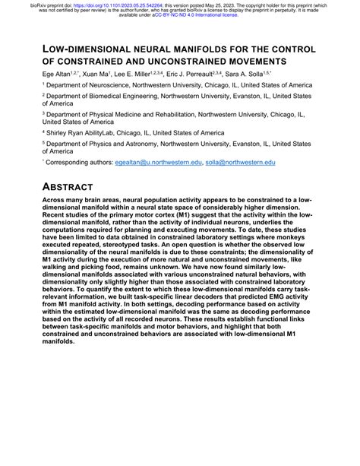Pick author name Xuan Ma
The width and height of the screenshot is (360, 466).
tap(98, 74)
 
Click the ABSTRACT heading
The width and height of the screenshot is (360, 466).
tap(68, 186)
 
